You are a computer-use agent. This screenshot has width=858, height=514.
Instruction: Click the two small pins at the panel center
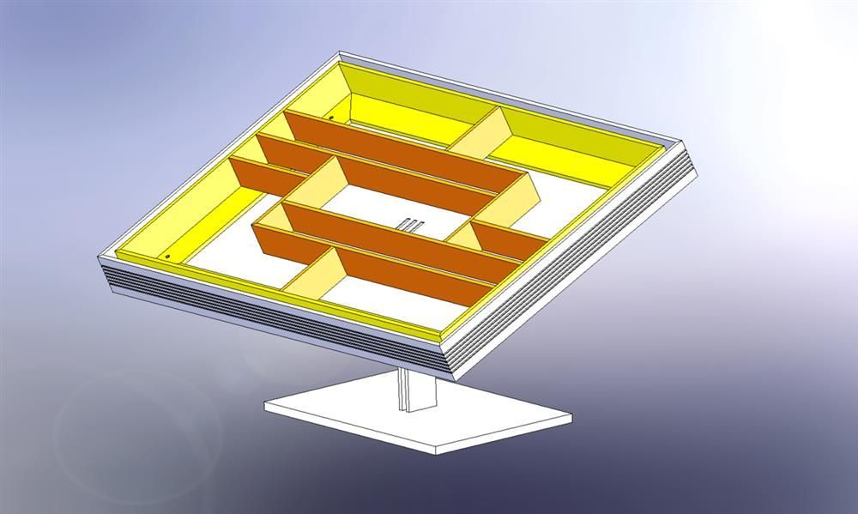point(410,225)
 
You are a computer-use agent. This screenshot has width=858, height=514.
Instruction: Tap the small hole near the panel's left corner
point(167,256)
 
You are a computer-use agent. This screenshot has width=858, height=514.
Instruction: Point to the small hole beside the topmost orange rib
point(330,118)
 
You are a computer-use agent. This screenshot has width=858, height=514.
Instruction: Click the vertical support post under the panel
point(418,390)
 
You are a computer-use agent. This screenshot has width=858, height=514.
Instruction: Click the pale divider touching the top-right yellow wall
point(480,133)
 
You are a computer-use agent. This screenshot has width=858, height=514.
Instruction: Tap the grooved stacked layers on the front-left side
point(257,317)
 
